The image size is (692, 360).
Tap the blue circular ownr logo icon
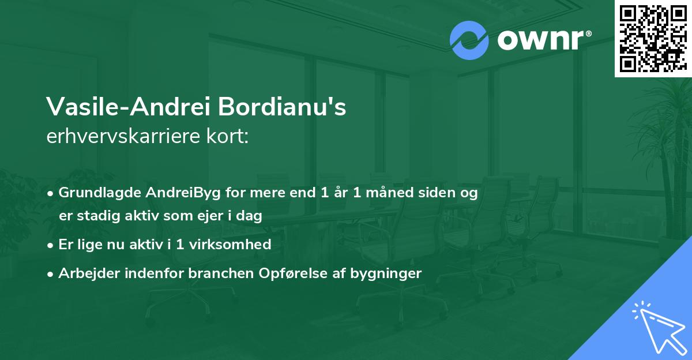tap(469, 40)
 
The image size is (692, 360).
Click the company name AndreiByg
tap(175, 193)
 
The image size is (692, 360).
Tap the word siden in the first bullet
tap(437, 193)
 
